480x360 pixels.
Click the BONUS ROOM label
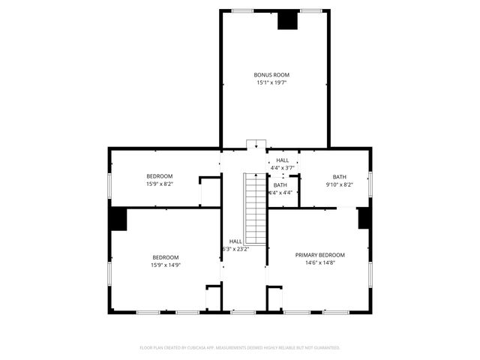pos(271,75)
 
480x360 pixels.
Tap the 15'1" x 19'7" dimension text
pos(271,82)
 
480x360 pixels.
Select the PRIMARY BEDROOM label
pos(319,255)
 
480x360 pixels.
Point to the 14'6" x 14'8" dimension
pos(319,262)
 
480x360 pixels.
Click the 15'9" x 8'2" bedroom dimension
pos(159,184)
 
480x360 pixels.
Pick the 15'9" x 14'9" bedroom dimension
pos(166,264)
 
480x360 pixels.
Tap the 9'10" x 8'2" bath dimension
pos(340,184)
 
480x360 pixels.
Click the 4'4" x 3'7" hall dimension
pos(282,167)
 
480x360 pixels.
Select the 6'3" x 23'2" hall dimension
pos(235,249)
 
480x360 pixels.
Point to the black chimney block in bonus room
pos(287,20)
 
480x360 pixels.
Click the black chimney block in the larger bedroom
pos(118,219)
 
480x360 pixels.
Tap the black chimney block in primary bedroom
pos(364,217)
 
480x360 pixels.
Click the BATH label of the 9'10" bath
pos(340,177)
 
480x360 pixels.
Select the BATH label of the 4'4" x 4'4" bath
pos(280,185)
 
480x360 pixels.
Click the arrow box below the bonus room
pos(256,144)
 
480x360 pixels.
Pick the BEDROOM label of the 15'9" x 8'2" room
pos(159,176)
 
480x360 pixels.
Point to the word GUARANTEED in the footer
pos(324,348)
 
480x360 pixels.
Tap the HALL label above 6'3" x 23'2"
pos(235,241)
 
